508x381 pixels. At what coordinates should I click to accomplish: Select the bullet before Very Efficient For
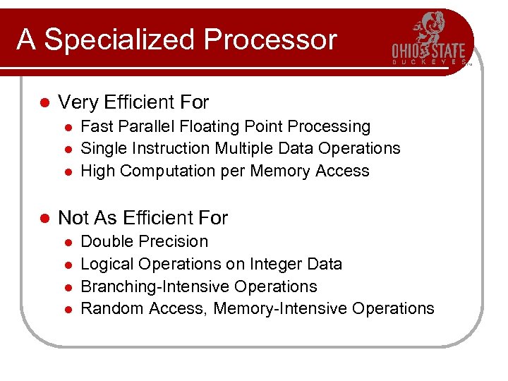coord(43,103)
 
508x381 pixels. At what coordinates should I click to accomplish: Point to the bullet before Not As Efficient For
coord(43,218)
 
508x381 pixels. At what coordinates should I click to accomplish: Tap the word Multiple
coord(241,149)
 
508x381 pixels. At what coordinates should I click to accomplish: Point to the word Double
coord(106,241)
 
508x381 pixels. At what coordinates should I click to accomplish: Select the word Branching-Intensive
coord(155,287)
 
